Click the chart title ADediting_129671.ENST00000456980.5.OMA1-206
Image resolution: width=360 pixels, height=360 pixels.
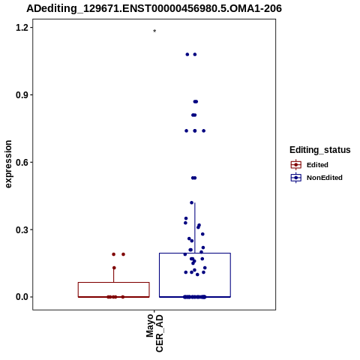pos(154,9)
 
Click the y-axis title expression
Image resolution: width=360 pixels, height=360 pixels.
pos(8,164)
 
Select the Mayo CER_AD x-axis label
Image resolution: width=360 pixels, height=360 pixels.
pos(154,333)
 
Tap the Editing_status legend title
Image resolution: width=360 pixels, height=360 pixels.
pos(320,150)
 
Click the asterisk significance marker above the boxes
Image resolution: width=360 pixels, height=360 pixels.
pos(154,31)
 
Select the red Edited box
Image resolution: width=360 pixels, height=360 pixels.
pos(114,289)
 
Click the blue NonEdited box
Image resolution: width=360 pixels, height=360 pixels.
pos(195,275)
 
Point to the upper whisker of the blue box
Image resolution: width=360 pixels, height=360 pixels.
pos(195,228)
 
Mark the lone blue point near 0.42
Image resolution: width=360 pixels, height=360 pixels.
pos(192,202)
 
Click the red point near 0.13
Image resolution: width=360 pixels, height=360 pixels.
pos(114,268)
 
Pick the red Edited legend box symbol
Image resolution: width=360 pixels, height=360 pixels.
pos(296,165)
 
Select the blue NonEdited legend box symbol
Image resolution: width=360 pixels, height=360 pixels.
pos(296,178)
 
